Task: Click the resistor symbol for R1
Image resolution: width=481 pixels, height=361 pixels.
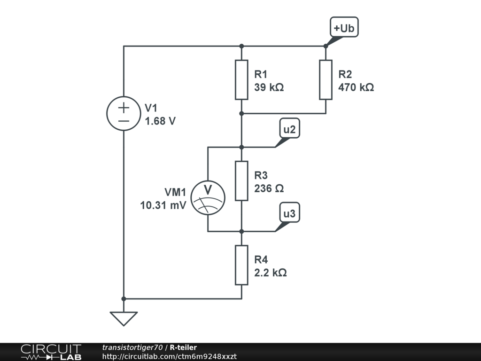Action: [x=241, y=80]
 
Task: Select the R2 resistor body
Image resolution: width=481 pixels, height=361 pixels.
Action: [x=326, y=80]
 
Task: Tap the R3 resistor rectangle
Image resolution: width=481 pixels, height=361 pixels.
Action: [x=241, y=181]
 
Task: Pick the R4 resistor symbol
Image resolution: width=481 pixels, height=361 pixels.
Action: [x=241, y=265]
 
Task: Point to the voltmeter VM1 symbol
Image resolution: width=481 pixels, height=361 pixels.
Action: [x=208, y=198]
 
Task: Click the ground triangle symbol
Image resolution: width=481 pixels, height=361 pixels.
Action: [x=124, y=319]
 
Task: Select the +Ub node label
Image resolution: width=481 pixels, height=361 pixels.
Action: [x=344, y=27]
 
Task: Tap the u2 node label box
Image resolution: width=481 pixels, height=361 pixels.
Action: [x=289, y=128]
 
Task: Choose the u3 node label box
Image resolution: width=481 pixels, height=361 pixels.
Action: [x=289, y=212]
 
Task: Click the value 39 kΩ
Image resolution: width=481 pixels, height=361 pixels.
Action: [x=269, y=87]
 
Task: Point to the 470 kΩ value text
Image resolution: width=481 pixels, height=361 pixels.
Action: [x=356, y=87]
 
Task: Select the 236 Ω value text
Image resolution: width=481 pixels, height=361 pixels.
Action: [x=269, y=188]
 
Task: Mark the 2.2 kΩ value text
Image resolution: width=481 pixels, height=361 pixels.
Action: [x=270, y=273]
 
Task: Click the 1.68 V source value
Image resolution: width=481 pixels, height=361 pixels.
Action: [x=160, y=121]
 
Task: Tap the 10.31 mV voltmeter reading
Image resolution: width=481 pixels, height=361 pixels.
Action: [x=163, y=205]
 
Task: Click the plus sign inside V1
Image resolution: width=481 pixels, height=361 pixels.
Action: [x=124, y=108]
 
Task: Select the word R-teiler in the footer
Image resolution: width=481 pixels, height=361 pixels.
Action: [x=183, y=347]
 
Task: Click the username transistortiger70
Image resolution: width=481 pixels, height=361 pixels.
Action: [x=132, y=347]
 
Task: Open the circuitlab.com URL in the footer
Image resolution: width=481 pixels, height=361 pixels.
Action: [x=169, y=357]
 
